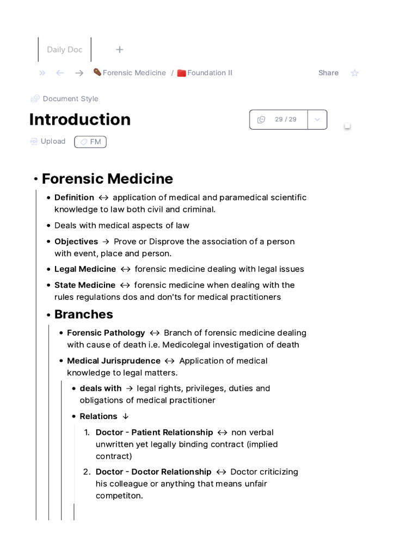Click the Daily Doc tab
pyautogui.click(x=64, y=50)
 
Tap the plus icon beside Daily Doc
pyautogui.click(x=120, y=50)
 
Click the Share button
pyautogui.click(x=328, y=72)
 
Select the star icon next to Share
pyautogui.click(x=355, y=73)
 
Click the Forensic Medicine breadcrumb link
pyautogui.click(x=134, y=72)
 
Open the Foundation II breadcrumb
pyautogui.click(x=210, y=72)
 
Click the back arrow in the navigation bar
pyautogui.click(x=60, y=73)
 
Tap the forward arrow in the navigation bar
pyautogui.click(x=79, y=73)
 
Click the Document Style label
pyautogui.click(x=70, y=99)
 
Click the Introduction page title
pyautogui.click(x=80, y=119)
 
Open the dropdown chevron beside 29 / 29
pyautogui.click(x=317, y=119)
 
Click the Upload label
pyautogui.click(x=53, y=141)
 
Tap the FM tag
pyautogui.click(x=90, y=142)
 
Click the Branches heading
pyautogui.click(x=83, y=314)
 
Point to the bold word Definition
pyautogui.click(x=74, y=197)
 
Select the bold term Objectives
pyautogui.click(x=76, y=241)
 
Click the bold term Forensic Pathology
pyautogui.click(x=106, y=332)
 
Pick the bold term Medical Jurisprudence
pyautogui.click(x=113, y=361)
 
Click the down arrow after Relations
pyautogui.click(x=126, y=416)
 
